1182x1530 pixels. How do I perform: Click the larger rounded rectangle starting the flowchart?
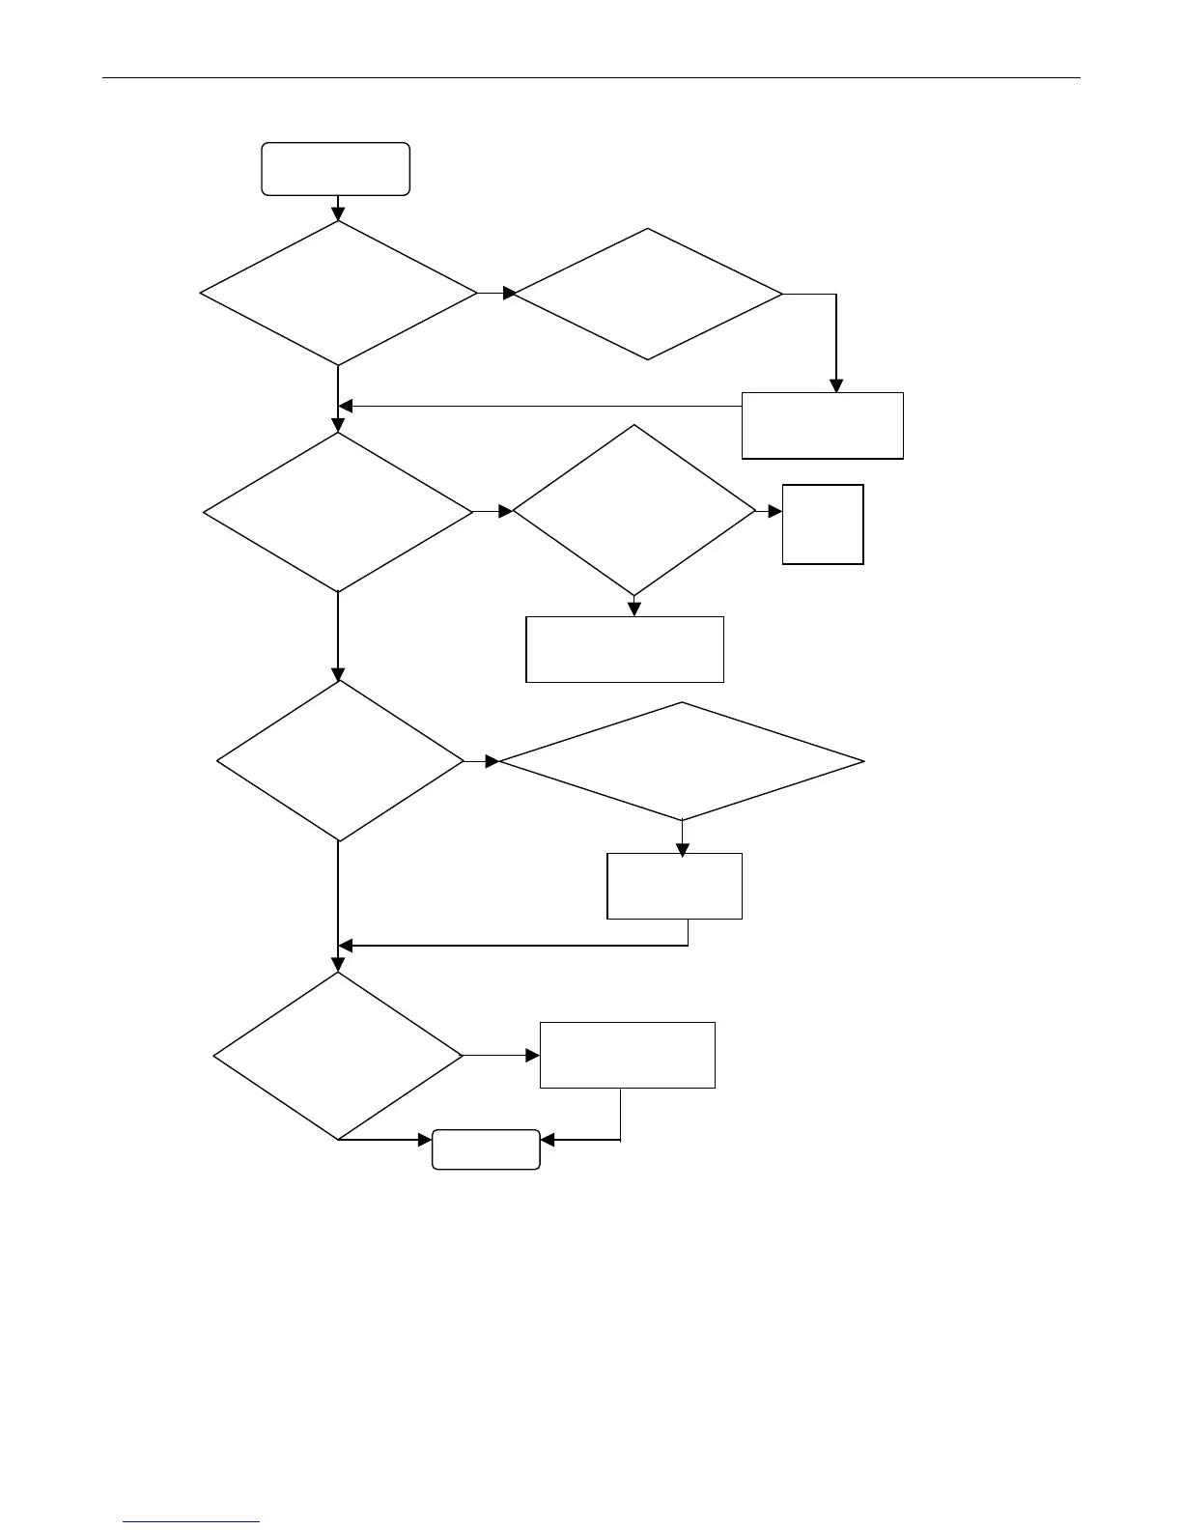pos(335,169)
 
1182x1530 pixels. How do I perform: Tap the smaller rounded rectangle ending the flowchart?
pos(485,1149)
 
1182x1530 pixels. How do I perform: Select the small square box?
pos(823,524)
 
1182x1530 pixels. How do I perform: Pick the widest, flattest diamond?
pos(682,761)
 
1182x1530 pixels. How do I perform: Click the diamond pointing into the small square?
pos(633,510)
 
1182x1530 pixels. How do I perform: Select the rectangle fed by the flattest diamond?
pos(674,886)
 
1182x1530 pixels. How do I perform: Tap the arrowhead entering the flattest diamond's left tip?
pos(492,761)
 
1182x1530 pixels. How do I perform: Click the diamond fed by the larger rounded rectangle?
pos(338,293)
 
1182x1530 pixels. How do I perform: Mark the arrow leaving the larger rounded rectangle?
pos(338,209)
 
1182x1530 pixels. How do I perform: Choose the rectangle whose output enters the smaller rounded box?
pos(627,1055)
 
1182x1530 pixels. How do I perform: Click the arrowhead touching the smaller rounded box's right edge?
pos(548,1141)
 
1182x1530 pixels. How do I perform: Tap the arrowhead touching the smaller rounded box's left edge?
pos(424,1141)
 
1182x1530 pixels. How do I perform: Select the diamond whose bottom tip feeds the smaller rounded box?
pos(338,1055)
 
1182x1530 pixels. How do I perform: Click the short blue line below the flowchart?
pos(192,1522)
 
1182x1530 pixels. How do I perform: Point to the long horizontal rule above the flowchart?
pos(591,78)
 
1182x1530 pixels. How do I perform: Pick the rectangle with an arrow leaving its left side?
pos(822,425)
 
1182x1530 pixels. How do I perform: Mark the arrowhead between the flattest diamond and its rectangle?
pos(683,850)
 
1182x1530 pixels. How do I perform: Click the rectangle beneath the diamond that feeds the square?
pos(624,649)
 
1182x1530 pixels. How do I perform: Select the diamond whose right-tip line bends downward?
pos(647,294)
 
